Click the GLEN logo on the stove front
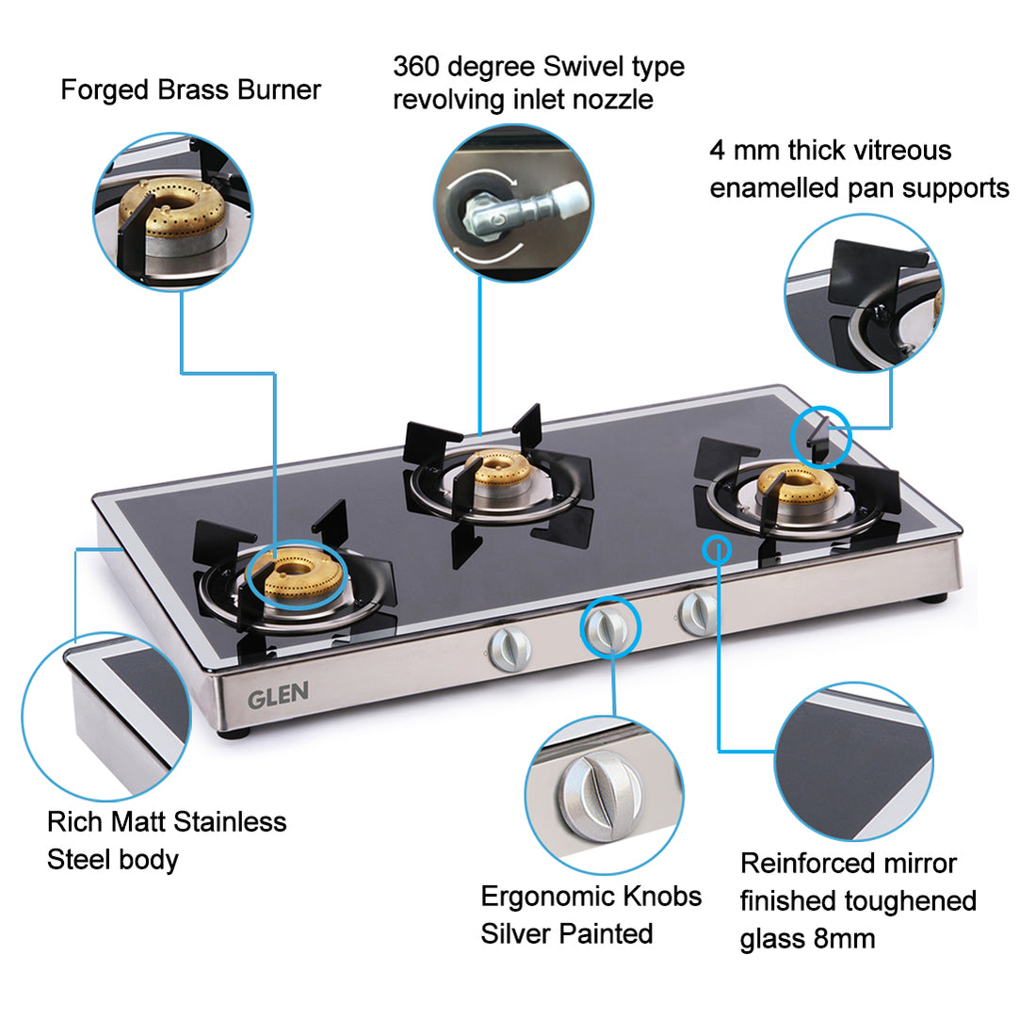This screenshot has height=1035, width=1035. (x=278, y=696)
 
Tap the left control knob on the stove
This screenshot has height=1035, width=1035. (x=510, y=650)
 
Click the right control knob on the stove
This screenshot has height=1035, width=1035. (x=696, y=611)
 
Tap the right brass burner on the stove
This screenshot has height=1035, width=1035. (x=796, y=485)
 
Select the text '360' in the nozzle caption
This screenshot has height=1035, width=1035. (x=415, y=66)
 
